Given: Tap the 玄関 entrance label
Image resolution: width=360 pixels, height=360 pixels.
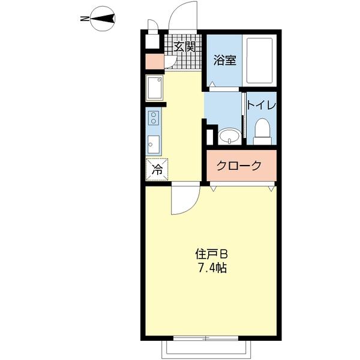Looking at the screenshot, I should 184,46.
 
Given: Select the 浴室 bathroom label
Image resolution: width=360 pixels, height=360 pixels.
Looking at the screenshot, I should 225,60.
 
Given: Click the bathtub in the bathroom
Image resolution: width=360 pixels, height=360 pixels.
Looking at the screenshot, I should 260,60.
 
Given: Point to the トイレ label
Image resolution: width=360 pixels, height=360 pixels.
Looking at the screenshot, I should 262,106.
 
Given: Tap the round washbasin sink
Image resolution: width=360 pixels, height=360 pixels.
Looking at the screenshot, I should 229,136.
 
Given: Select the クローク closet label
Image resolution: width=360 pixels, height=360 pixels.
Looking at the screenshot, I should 239,166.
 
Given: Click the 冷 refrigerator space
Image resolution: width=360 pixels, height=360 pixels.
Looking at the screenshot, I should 157,169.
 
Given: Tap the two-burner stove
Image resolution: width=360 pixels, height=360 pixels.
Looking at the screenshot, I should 154,117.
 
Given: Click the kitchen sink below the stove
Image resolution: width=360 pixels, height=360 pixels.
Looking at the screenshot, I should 154,144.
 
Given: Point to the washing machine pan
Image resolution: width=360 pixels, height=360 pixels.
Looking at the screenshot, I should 154,89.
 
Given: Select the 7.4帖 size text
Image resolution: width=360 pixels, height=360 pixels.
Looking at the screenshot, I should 211,268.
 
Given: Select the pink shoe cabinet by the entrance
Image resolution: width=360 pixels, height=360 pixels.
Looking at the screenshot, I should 152,62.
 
